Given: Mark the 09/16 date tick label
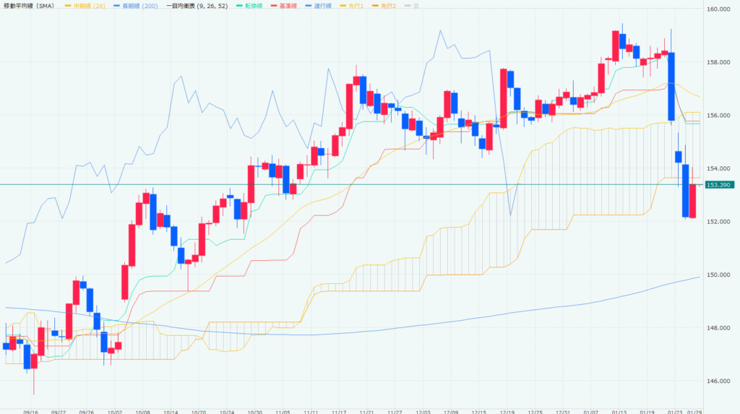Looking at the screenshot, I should click(x=31, y=410).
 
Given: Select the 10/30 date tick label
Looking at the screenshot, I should click(x=254, y=410).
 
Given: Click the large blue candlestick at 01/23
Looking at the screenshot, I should click(x=671, y=86).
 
